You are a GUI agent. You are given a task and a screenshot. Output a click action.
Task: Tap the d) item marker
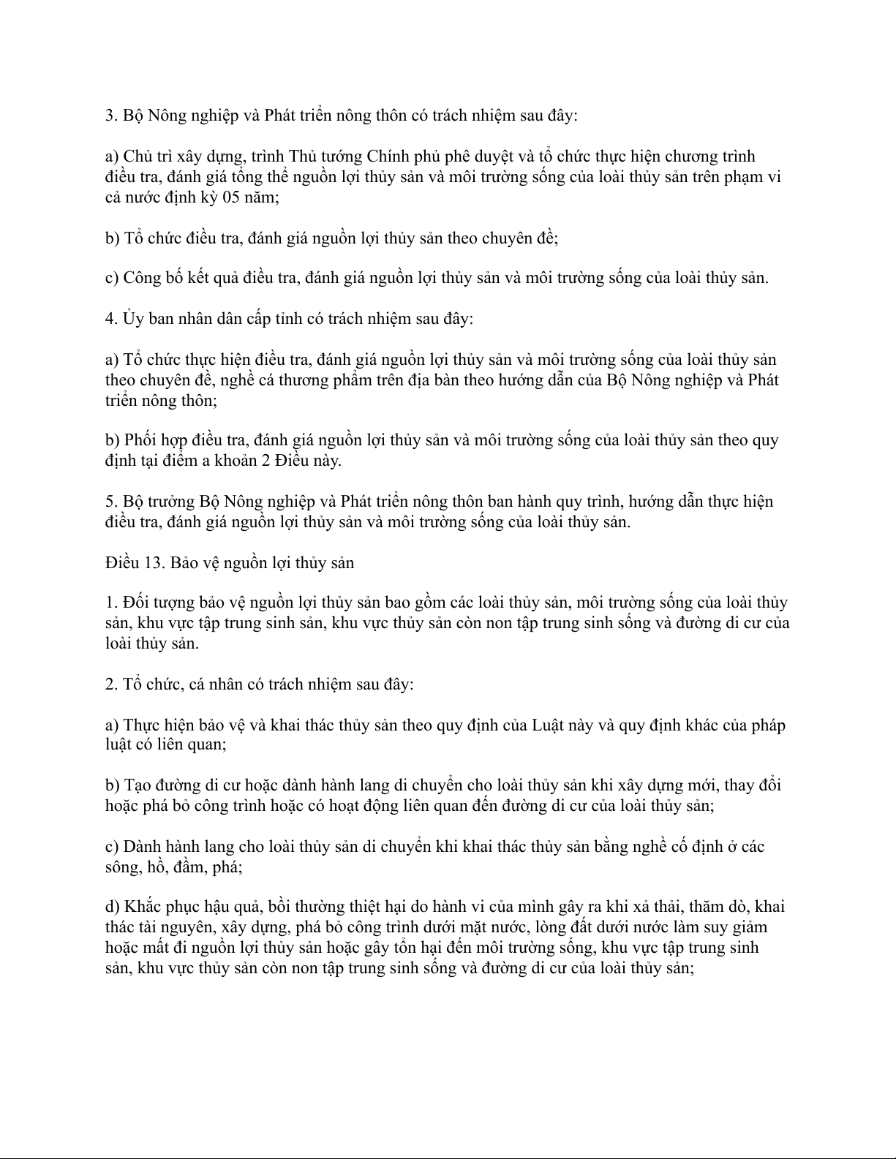coord(113,907)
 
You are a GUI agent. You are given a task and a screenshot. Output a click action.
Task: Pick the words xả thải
coord(667,907)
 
